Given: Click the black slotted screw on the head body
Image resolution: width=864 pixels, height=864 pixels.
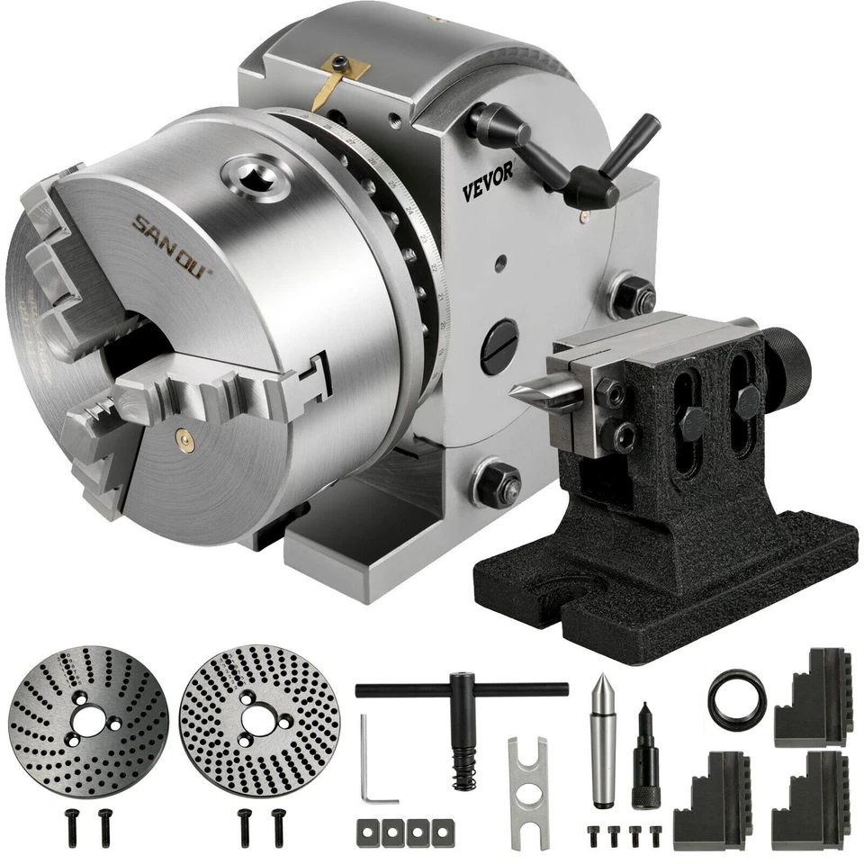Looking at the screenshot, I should (499, 346).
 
